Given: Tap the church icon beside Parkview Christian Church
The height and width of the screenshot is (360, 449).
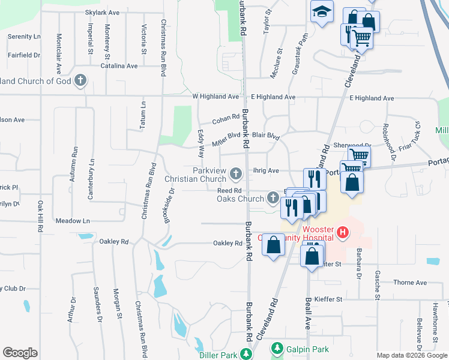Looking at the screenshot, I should [x=236, y=174].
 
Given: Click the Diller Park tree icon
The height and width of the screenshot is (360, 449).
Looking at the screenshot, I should [x=246, y=354].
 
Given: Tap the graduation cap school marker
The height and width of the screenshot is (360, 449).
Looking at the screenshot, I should [x=322, y=12].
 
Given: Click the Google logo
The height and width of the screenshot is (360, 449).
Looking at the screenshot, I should [x=20, y=352].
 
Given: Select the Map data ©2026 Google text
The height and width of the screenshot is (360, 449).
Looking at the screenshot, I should [x=411, y=355].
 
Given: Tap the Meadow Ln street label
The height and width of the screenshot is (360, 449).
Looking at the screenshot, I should [x=73, y=221].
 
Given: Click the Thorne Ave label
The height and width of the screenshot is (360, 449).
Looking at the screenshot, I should [x=410, y=283].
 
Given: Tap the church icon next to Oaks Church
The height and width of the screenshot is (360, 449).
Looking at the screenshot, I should [x=273, y=197].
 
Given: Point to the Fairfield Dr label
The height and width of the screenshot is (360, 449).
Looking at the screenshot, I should [x=24, y=55].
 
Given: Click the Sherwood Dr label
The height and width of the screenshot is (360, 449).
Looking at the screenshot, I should [x=352, y=145].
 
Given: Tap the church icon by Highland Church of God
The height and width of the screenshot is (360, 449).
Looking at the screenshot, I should [x=80, y=80].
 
